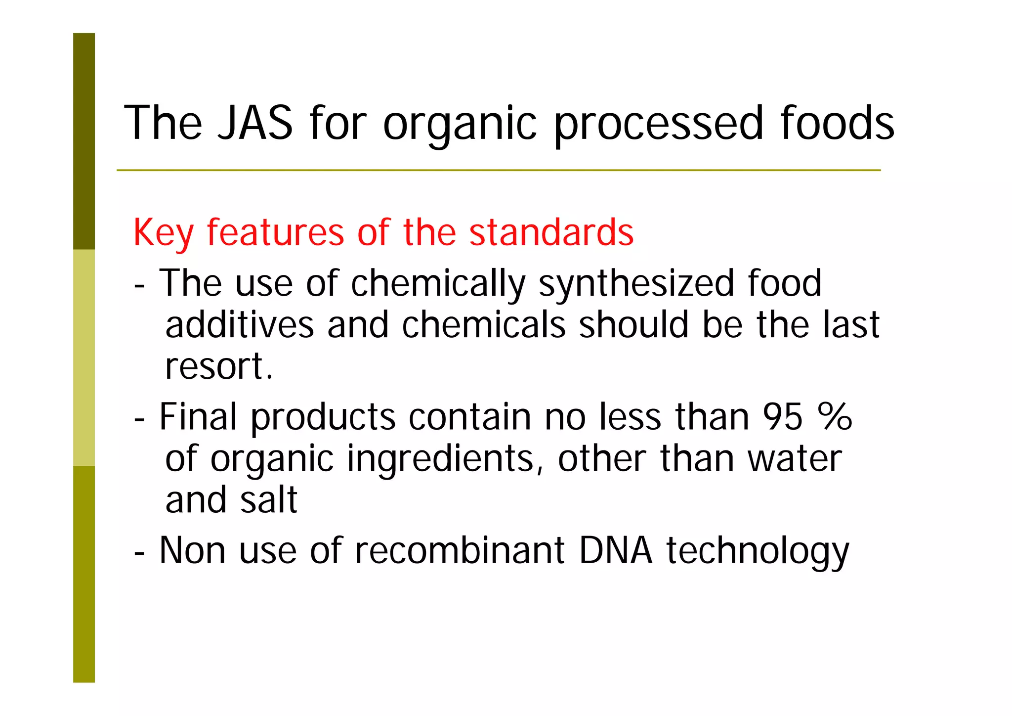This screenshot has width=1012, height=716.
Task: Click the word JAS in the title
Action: click(x=255, y=123)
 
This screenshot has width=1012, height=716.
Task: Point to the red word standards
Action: click(x=551, y=232)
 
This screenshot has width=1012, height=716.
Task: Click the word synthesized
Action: click(x=636, y=283)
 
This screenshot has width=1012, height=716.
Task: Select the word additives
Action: click(x=240, y=325)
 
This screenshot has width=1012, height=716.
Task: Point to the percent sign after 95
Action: click(x=835, y=416)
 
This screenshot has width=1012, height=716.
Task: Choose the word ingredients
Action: click(x=441, y=459)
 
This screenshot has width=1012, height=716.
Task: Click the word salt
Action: click(x=269, y=500)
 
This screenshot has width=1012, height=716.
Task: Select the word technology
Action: click(x=758, y=551)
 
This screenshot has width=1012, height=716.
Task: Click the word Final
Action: click(x=198, y=416)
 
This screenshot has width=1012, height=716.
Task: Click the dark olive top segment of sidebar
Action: click(x=84, y=141)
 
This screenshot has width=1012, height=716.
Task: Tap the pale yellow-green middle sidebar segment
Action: click(x=84, y=358)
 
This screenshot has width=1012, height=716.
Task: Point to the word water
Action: click(x=795, y=459)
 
